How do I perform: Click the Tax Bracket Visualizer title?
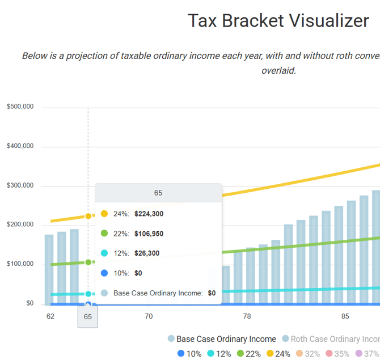(278, 22)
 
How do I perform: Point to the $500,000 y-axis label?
(20, 107)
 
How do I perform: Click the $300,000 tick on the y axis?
(20, 186)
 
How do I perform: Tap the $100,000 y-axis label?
(20, 264)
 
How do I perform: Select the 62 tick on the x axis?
(50, 316)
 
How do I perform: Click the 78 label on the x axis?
(247, 316)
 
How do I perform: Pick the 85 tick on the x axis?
(345, 316)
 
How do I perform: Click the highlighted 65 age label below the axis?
(88, 317)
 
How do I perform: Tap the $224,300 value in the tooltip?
(149, 214)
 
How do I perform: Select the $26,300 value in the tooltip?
(147, 253)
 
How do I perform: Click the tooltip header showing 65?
(158, 193)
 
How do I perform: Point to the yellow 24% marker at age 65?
(88, 216)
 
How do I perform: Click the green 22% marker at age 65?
(88, 262)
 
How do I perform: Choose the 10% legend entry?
(189, 354)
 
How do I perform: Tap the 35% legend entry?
(337, 354)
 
